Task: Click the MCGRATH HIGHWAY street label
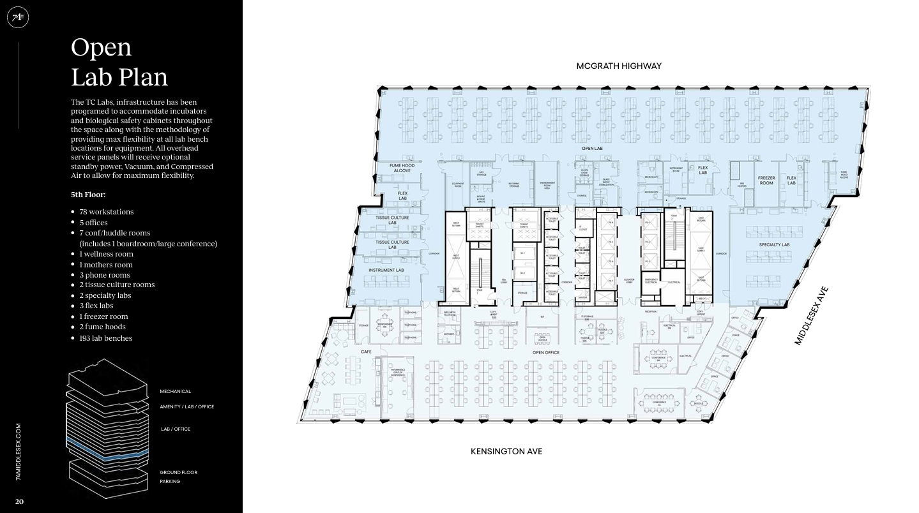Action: tap(618, 66)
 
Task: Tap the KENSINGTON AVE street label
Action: tap(506, 452)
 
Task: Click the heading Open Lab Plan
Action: tap(119, 62)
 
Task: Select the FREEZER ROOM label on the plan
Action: tap(766, 181)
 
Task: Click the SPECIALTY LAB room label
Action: tap(774, 245)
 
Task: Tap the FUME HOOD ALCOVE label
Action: tap(402, 168)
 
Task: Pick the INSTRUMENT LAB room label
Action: tap(386, 270)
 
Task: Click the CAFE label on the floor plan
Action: tap(366, 352)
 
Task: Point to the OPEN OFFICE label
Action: tap(545, 352)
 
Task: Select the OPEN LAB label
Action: tap(591, 149)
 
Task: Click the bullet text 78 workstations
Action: tap(106, 212)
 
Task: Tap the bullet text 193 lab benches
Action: tap(105, 338)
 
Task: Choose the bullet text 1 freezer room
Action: tap(103, 316)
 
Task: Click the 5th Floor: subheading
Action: tap(88, 195)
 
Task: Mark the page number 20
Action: tap(19, 502)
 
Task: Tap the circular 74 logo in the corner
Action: tap(17, 17)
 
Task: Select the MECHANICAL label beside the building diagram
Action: tap(175, 392)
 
